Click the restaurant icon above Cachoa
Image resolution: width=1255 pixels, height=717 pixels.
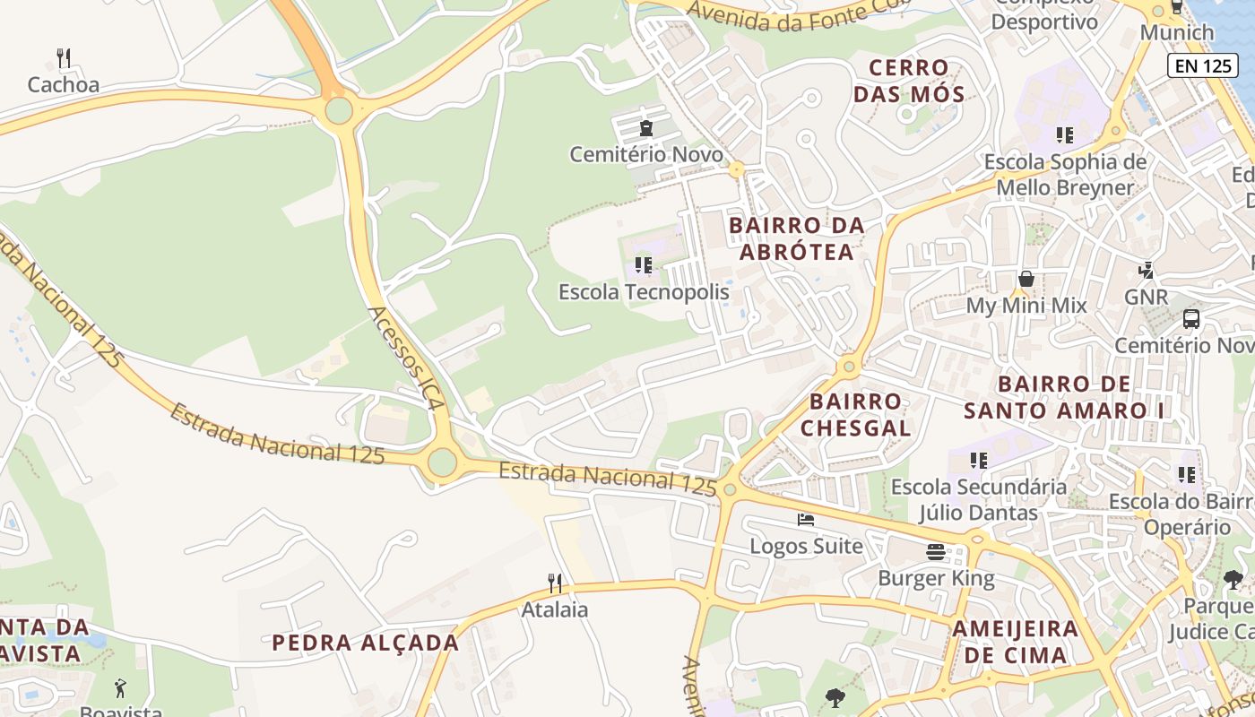(x=63, y=58)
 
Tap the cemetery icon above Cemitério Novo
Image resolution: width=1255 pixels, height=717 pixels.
(x=646, y=128)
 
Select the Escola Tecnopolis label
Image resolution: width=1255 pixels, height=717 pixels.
(x=644, y=292)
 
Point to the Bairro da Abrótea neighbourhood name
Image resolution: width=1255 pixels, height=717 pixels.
(x=797, y=238)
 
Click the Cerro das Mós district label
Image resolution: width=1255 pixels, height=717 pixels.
(x=909, y=81)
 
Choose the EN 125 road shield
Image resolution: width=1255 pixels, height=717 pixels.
(x=1201, y=65)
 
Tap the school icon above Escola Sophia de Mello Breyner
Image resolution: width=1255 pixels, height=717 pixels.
(x=1064, y=135)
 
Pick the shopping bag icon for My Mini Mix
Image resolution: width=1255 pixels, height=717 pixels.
(x=1026, y=280)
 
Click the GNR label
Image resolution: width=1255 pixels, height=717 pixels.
(x=1146, y=297)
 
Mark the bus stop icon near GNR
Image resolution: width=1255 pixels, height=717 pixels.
(x=1191, y=318)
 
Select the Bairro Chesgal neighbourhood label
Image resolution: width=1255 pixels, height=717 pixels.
(x=855, y=414)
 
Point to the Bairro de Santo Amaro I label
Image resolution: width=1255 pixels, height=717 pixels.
(x=1064, y=397)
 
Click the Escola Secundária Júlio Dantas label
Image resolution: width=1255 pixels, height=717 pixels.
(x=978, y=500)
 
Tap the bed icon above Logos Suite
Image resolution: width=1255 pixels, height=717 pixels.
(x=806, y=520)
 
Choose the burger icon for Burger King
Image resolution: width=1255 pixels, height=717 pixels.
(x=936, y=551)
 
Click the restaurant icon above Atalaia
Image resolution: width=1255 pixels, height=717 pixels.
(x=555, y=583)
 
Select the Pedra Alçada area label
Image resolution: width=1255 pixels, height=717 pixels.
(x=365, y=643)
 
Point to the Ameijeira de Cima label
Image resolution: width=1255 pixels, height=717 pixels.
(x=1016, y=641)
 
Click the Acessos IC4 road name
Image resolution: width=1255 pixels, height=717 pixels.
(x=406, y=358)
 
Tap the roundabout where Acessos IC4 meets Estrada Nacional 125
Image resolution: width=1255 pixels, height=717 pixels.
(x=442, y=462)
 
